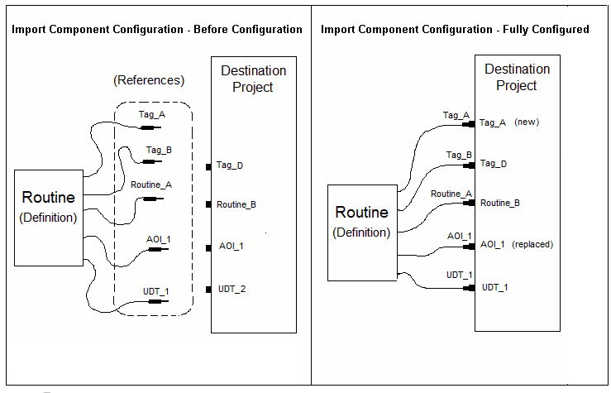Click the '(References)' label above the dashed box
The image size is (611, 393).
point(148,81)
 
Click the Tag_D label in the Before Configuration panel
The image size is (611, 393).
point(230,166)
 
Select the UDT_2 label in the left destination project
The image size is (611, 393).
point(232,289)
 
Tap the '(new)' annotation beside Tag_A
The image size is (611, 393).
point(527,122)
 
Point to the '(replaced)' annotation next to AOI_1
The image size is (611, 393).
point(532,245)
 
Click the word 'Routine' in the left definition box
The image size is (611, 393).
point(48,198)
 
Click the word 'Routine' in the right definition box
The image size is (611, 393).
point(360,213)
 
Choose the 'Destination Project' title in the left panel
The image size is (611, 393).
point(253,79)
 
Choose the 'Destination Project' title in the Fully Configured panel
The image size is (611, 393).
point(518,77)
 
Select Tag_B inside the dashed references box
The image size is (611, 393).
point(159,150)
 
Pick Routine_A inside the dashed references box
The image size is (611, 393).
point(151,185)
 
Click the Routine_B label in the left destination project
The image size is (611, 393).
point(236,204)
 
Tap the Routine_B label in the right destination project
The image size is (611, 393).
point(500,203)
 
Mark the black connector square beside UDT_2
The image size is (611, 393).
point(209,289)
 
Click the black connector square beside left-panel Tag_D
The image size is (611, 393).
point(209,166)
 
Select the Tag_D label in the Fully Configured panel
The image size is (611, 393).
point(494,164)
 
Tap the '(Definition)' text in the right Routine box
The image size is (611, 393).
point(361,232)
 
